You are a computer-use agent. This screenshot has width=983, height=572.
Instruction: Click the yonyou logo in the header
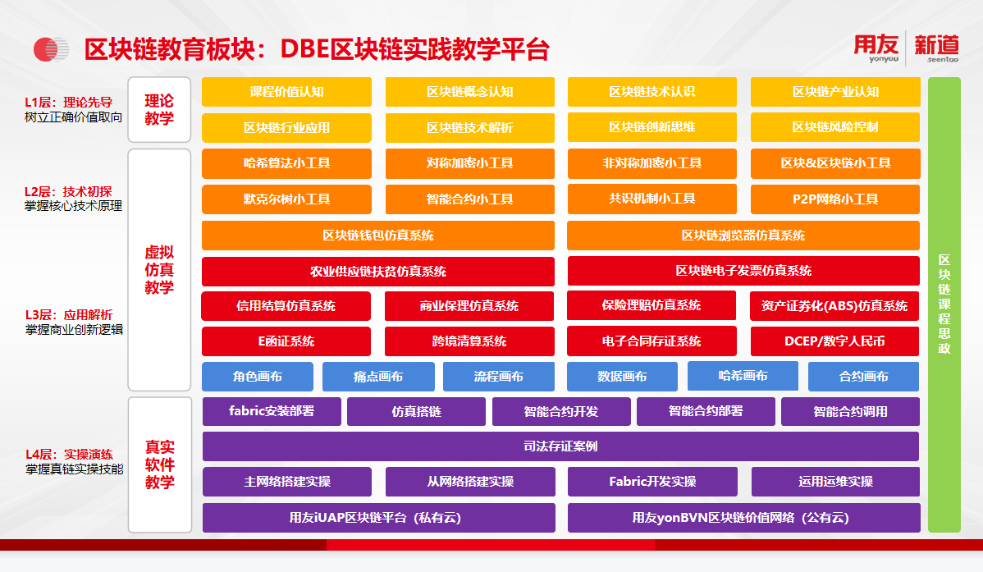coord(876,48)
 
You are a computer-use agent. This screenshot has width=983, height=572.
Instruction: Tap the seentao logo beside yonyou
coord(936,48)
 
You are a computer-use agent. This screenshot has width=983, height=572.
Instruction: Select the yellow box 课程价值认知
coord(286,92)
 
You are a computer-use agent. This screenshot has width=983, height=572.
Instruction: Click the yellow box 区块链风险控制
coord(835,127)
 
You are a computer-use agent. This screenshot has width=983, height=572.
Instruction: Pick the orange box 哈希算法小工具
coord(286,163)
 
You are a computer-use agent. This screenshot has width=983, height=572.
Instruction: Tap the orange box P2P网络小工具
coord(835,199)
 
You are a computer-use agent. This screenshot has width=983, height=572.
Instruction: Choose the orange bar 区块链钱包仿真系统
coord(378,236)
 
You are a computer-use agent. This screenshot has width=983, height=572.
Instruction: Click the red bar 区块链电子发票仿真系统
coord(743,271)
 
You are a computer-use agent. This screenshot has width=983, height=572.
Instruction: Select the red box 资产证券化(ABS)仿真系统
coord(834,306)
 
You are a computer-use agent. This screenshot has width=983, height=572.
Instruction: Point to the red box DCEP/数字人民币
coord(834,341)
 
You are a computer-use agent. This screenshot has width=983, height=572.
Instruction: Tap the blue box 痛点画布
coord(378,377)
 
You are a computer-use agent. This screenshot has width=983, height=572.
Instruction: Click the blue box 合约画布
coord(863,377)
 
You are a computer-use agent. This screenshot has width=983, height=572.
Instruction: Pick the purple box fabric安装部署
coord(272,411)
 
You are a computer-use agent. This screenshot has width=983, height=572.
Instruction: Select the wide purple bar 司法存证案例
coord(560,446)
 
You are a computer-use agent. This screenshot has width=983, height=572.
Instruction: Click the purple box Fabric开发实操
coord(652,482)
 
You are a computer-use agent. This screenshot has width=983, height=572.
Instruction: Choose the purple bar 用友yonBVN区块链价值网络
coord(743,518)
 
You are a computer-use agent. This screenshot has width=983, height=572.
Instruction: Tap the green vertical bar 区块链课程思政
coord(944,304)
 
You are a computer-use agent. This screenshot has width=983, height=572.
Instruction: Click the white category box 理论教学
coord(159,110)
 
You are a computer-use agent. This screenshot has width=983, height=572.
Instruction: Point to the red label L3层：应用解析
coord(69,315)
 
